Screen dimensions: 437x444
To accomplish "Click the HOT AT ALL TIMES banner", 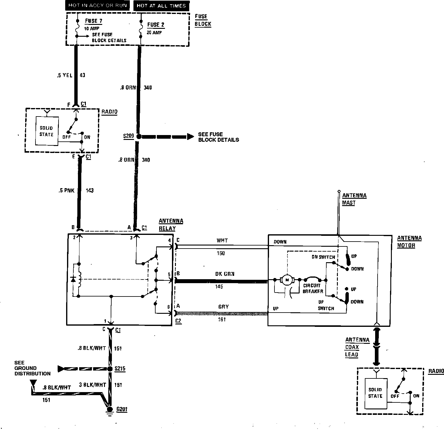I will click(x=161, y=6).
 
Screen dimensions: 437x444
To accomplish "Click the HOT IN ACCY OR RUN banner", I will click(x=98, y=5).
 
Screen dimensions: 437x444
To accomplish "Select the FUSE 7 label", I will click(x=93, y=21).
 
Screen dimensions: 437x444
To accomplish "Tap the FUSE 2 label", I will click(x=156, y=25).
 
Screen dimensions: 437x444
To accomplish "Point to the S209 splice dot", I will click(x=139, y=137).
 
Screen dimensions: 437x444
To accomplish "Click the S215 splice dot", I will click(x=110, y=369).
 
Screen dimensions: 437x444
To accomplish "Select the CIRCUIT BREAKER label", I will click(x=312, y=288).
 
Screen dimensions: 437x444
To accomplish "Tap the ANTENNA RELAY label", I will click(x=171, y=225).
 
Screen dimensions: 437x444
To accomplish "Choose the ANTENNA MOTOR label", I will click(x=409, y=242).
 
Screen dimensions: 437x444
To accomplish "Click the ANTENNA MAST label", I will click(x=354, y=199).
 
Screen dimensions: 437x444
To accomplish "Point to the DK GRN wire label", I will click(x=225, y=274).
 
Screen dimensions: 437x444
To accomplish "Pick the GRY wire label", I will click(x=224, y=307).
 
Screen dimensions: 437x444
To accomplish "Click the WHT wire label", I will click(x=222, y=241).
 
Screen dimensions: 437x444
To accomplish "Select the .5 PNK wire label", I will click(x=66, y=191).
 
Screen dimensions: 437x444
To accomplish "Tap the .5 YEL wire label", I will click(x=65, y=75).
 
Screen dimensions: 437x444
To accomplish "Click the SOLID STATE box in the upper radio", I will click(x=46, y=131).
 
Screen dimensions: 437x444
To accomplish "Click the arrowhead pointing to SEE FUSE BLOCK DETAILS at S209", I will click(x=190, y=137).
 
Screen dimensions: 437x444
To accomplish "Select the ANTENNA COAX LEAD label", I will click(x=357, y=347).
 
